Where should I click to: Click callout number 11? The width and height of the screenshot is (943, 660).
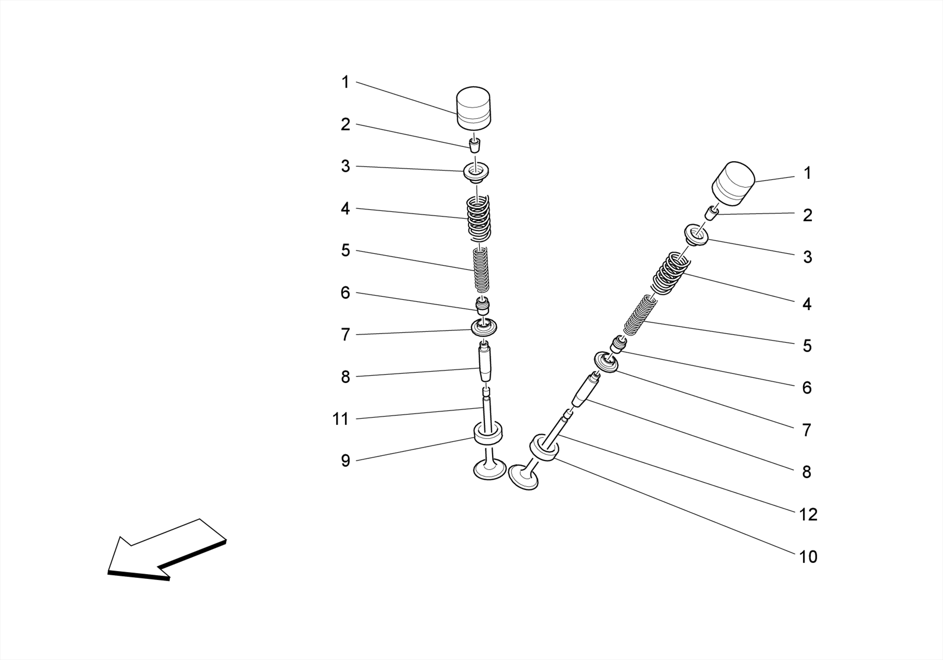click(340, 419)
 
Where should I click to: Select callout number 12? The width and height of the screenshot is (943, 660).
click(808, 514)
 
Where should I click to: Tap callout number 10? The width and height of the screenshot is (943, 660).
click(808, 557)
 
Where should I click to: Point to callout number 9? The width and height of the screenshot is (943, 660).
click(345, 460)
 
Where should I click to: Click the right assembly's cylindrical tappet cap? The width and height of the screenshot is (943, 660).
click(733, 183)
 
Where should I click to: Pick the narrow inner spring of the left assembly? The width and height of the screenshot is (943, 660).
click(481, 270)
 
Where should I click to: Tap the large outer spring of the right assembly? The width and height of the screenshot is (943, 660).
click(670, 273)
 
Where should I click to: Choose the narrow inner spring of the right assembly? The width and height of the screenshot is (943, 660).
click(640, 315)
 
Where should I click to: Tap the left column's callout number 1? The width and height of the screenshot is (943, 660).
click(345, 82)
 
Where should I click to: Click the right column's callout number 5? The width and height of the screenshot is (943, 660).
click(807, 346)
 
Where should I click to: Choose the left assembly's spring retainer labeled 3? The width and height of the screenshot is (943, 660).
click(476, 173)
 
